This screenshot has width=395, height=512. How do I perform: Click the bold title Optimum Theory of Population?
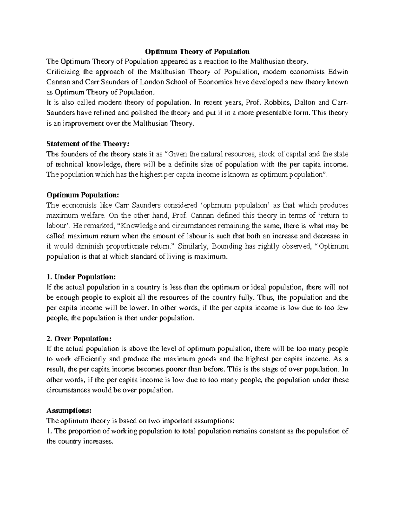click(197, 51)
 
